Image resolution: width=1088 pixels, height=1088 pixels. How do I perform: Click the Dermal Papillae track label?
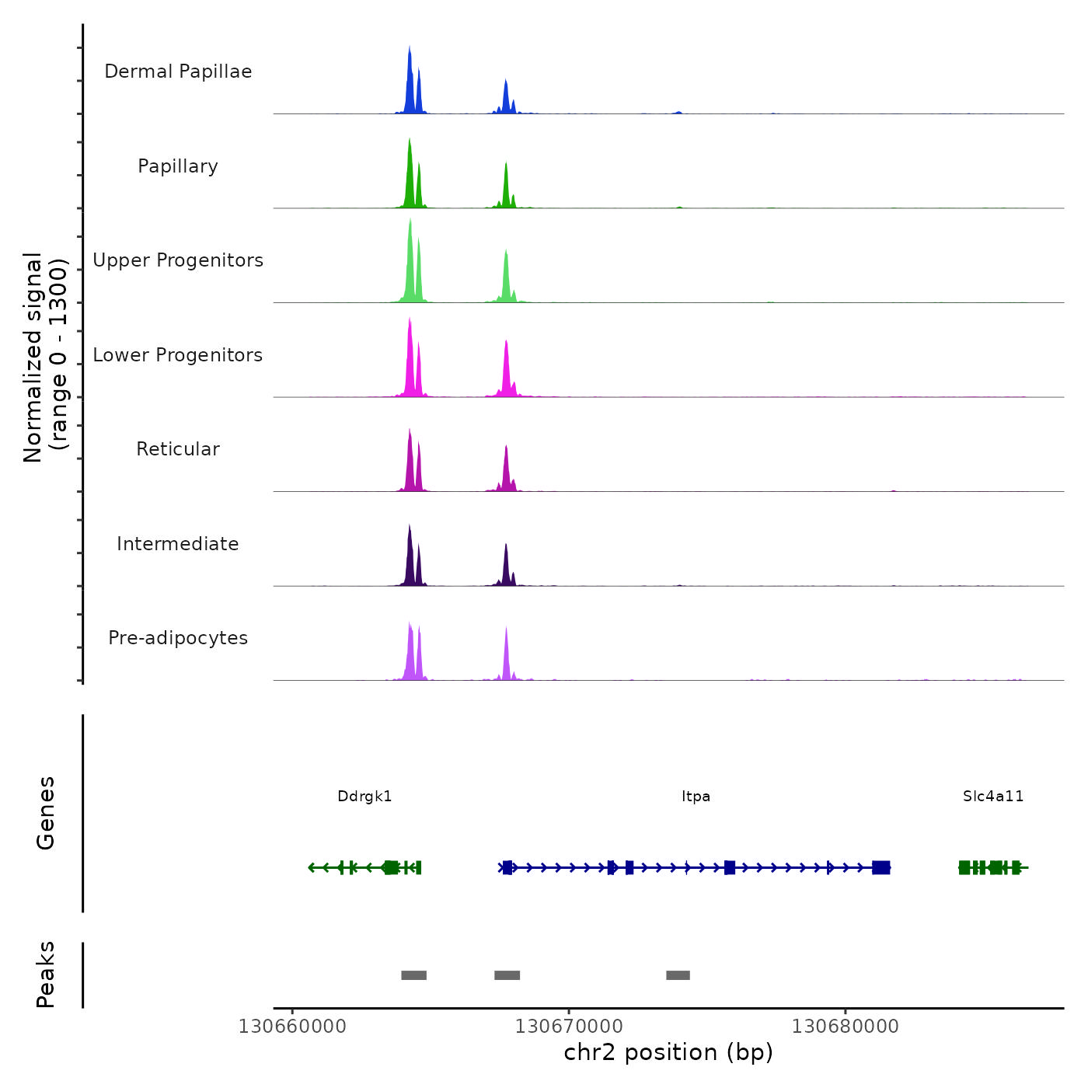178,71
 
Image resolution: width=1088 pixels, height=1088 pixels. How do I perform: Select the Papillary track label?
178,166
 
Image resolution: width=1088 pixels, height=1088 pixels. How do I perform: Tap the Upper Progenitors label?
178,260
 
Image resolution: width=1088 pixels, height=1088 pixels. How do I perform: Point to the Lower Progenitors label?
178,355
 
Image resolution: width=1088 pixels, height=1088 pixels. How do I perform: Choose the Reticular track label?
178,449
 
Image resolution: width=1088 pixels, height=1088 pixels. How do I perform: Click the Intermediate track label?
178,544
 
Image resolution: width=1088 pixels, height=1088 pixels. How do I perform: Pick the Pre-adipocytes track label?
178,638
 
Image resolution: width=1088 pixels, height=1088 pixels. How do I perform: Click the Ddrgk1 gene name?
364,797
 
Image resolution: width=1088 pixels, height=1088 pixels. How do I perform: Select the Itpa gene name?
696,797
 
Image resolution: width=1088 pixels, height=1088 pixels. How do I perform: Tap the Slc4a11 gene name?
993,797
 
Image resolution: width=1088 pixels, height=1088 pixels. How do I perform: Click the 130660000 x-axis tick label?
292,1027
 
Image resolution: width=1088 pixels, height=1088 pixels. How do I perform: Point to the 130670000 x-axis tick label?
569,1027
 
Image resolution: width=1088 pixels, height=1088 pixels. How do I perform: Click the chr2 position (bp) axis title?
668,1053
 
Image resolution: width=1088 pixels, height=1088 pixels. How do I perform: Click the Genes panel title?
46,813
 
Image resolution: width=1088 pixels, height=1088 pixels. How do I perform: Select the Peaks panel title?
46,975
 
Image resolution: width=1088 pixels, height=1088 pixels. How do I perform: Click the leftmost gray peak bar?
413,975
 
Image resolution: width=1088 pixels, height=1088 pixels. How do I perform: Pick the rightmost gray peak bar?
678,975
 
